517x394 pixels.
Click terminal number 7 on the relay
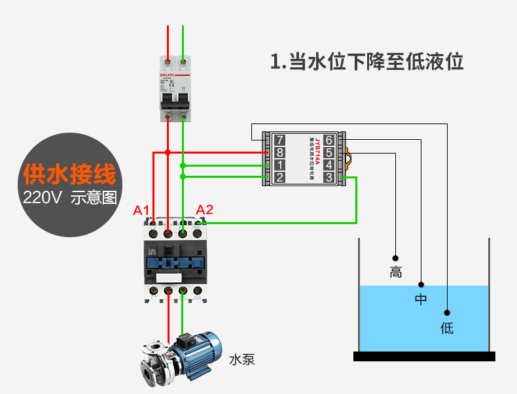click(x=279, y=140)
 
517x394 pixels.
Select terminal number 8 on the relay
click(x=279, y=152)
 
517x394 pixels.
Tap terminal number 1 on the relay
click(x=279, y=165)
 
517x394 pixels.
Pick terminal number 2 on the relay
click(x=279, y=177)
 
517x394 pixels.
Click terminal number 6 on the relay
click(x=329, y=140)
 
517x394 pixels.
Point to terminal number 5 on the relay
click(x=329, y=152)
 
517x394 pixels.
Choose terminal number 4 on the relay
click(x=329, y=165)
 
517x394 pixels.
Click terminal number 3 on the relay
click(x=329, y=177)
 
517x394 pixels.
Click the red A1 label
click(x=141, y=210)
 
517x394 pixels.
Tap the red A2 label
click(x=205, y=210)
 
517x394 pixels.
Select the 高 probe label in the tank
click(x=395, y=272)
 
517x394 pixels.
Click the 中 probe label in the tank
click(x=421, y=300)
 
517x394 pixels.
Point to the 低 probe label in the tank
click(x=447, y=327)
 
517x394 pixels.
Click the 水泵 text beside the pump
click(x=241, y=359)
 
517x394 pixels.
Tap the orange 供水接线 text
click(x=69, y=174)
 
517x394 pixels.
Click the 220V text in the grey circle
click(x=42, y=197)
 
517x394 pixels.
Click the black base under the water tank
click(x=424, y=356)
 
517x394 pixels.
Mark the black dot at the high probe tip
click(x=395, y=257)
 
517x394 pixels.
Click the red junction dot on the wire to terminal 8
click(x=168, y=152)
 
